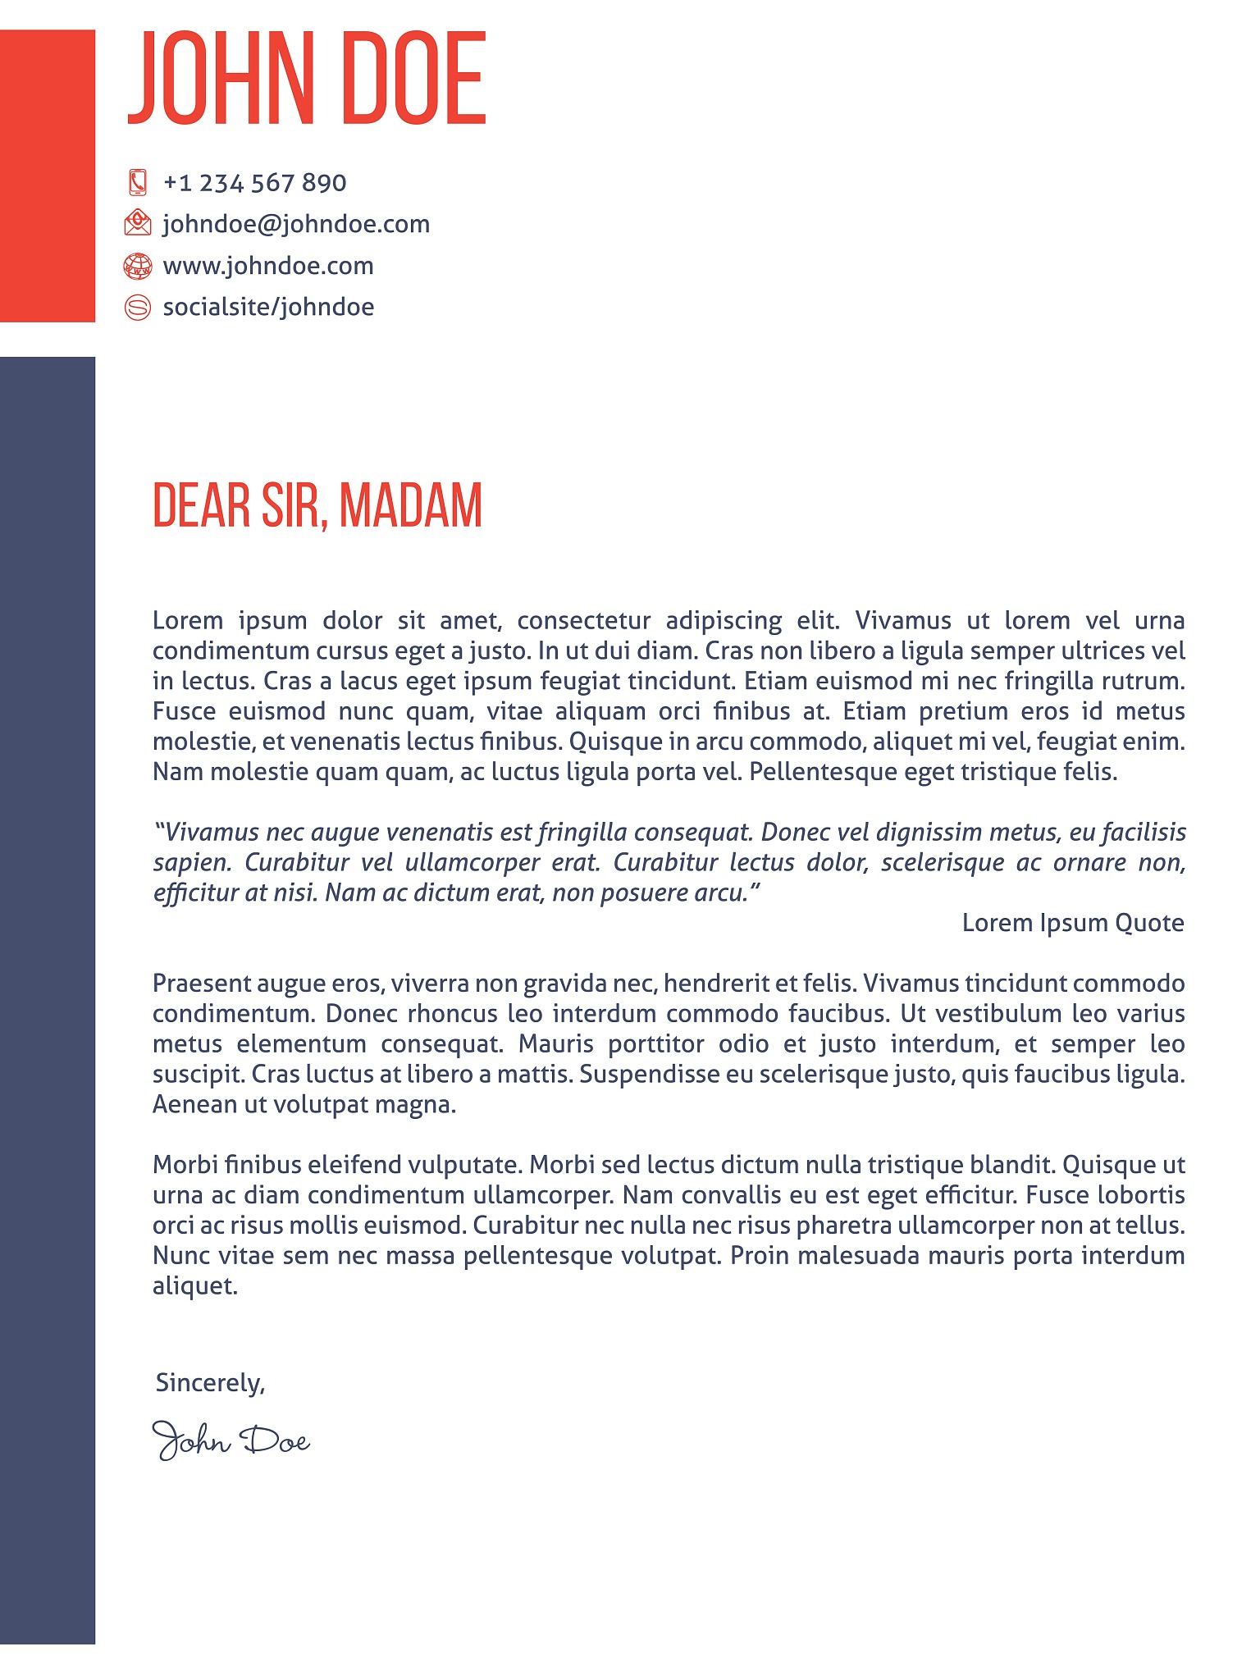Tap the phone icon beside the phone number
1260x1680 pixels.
pyautogui.click(x=138, y=182)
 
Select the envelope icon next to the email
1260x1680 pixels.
pyautogui.click(x=138, y=223)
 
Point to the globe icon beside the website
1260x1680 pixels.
pyautogui.click(x=138, y=266)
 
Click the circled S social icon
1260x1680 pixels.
pyautogui.click(x=138, y=307)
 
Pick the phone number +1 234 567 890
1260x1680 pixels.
pyautogui.click(x=254, y=182)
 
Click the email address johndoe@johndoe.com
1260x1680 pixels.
pyautogui.click(x=296, y=224)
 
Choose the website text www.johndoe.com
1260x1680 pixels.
pyautogui.click(x=268, y=266)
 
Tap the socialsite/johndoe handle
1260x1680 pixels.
pyautogui.click(x=268, y=307)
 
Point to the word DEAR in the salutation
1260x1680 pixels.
pyautogui.click(x=202, y=505)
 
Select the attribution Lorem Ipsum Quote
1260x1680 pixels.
pyautogui.click(x=1073, y=923)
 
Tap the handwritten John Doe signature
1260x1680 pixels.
pyautogui.click(x=231, y=1441)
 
